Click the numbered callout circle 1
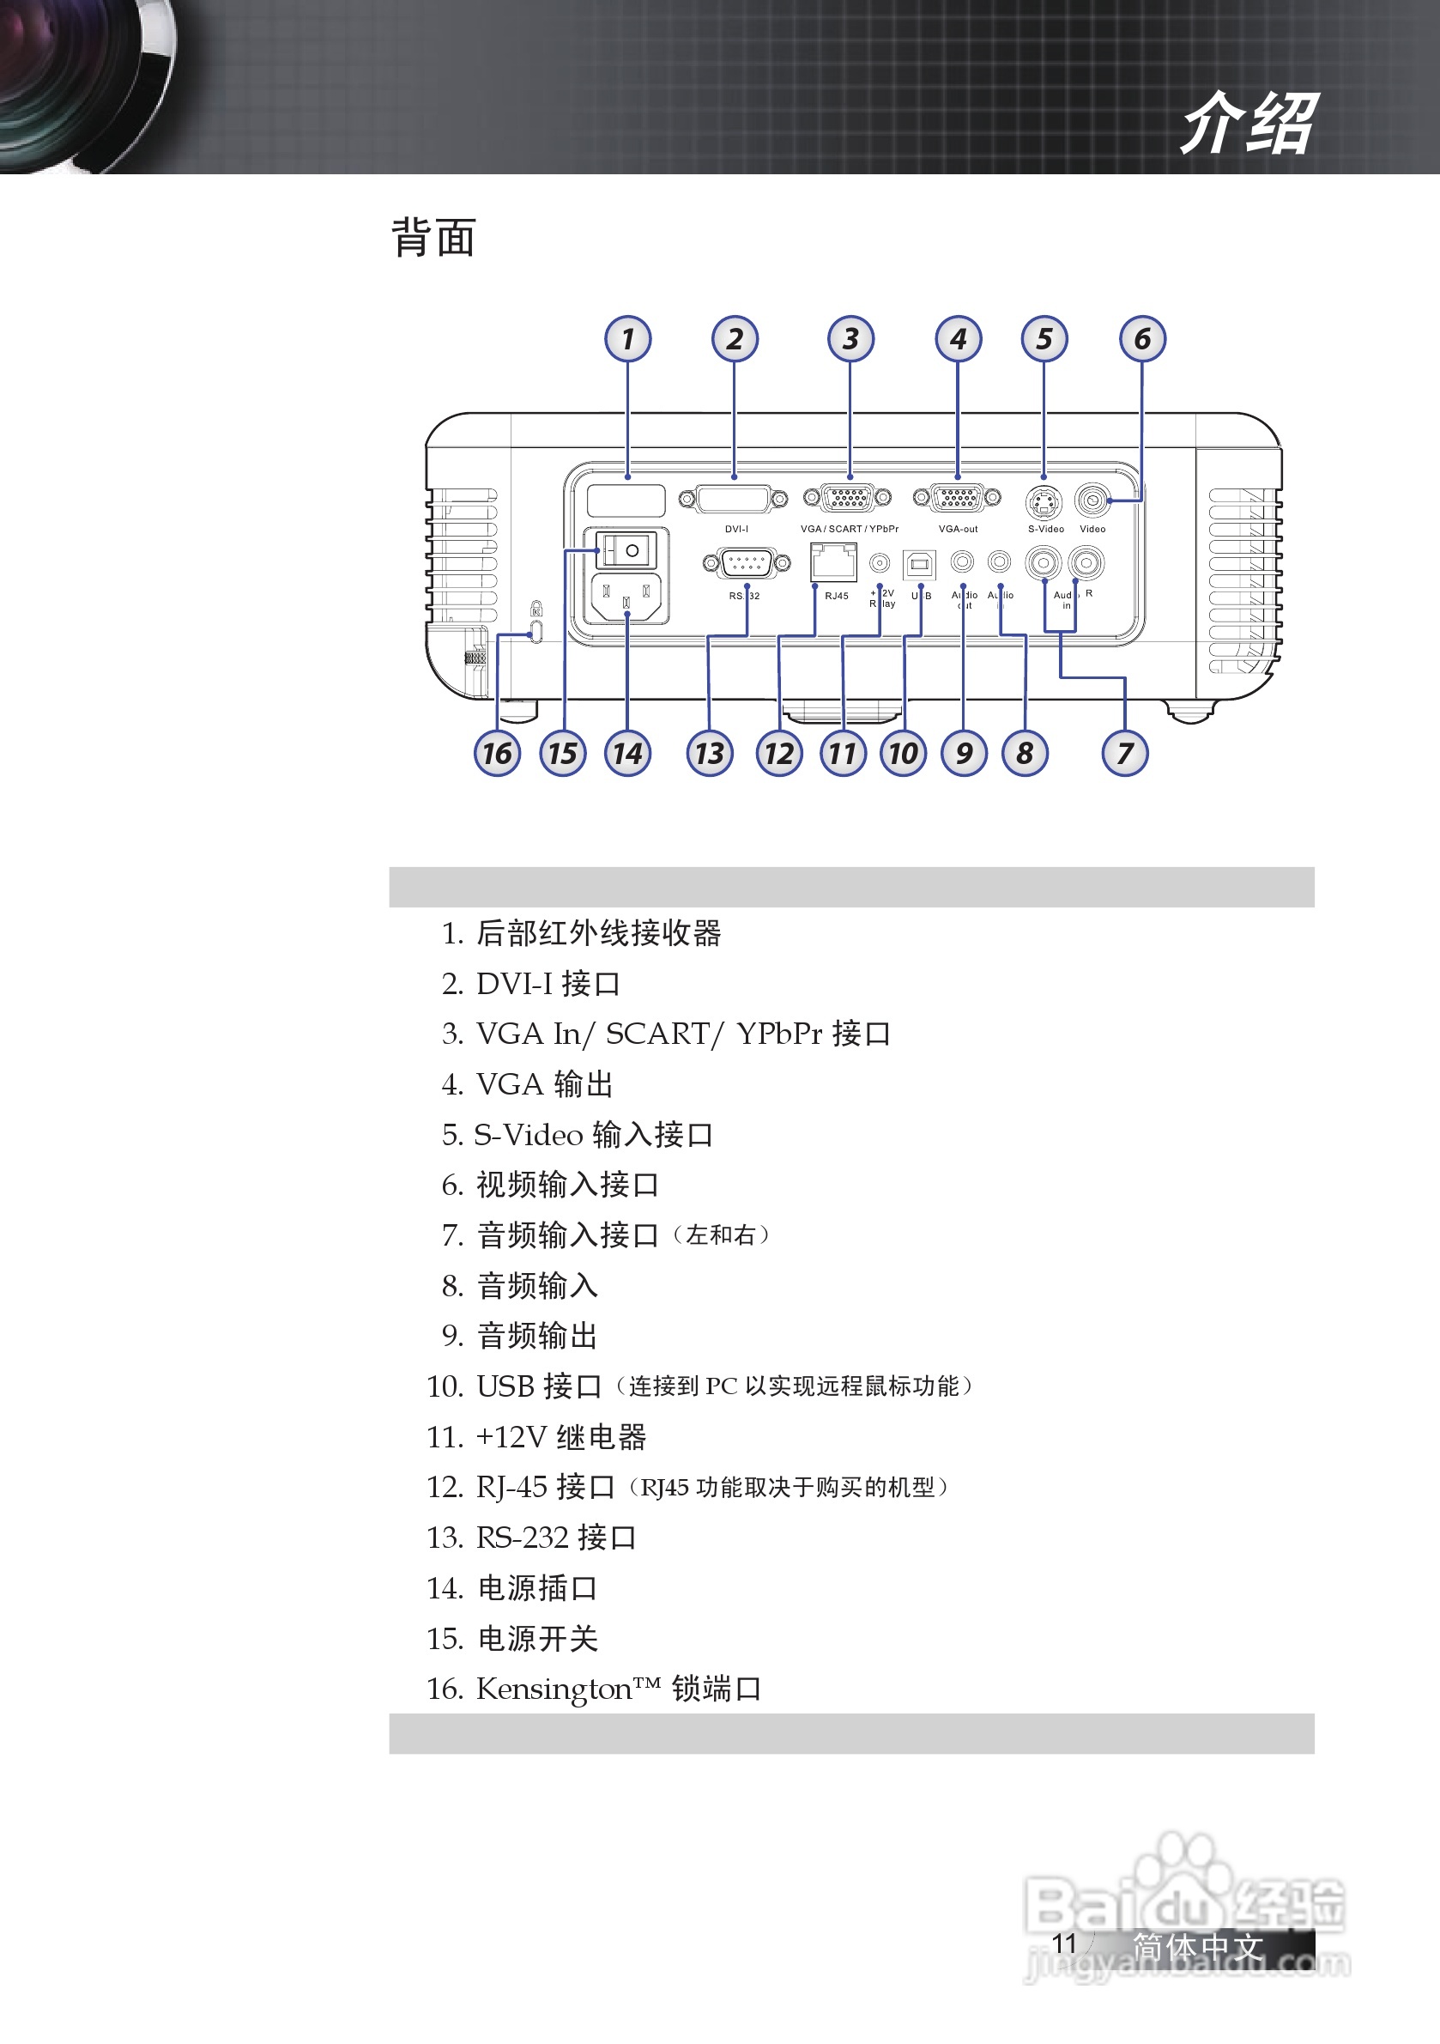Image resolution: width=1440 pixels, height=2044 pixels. click(627, 339)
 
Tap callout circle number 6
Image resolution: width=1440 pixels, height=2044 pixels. click(1142, 339)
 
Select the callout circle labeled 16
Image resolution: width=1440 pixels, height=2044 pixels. click(497, 753)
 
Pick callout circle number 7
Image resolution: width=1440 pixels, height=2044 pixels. click(1125, 753)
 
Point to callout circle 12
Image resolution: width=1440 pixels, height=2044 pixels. click(778, 753)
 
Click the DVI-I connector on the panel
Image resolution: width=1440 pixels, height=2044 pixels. click(734, 500)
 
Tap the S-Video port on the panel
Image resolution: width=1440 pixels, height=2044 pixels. click(1044, 502)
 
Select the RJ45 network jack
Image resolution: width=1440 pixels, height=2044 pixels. click(833, 562)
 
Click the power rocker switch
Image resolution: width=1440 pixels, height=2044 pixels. click(626, 550)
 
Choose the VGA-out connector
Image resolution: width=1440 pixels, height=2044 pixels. click(957, 498)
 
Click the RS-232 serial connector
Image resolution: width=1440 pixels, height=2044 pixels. click(746, 562)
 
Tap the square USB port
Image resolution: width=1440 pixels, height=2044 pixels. click(919, 563)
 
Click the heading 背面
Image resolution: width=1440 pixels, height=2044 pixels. click(433, 239)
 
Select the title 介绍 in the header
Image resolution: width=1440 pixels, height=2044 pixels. click(1248, 124)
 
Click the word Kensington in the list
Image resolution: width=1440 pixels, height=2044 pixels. click(554, 1689)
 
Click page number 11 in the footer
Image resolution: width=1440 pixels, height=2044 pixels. click(1063, 1944)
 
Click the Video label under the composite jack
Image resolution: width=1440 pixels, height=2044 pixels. click(1092, 529)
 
